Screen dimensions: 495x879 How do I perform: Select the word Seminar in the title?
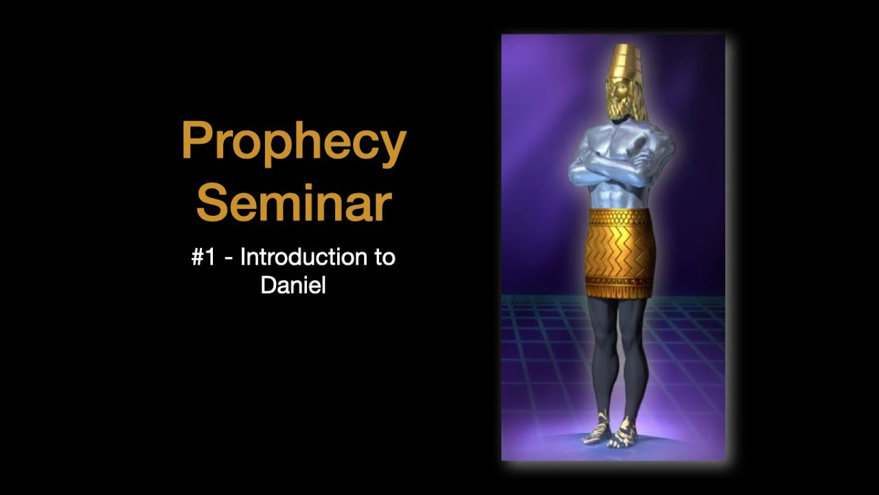[x=294, y=202]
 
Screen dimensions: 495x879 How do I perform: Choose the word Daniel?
[x=293, y=285]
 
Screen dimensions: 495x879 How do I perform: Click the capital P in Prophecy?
[x=195, y=141]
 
